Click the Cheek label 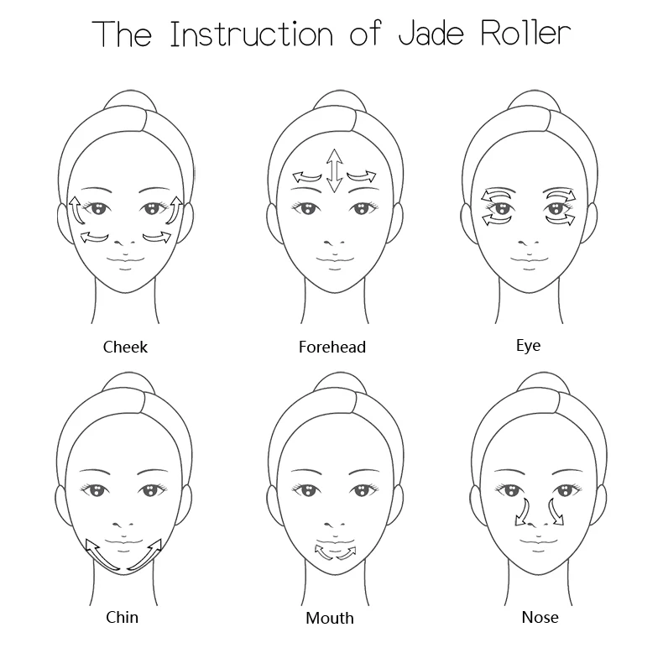[x=125, y=346]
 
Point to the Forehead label [x=332, y=346]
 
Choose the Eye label [x=529, y=345]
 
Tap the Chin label [x=122, y=617]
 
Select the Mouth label [x=330, y=618]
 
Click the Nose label [x=540, y=617]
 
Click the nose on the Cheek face [x=125, y=238]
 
